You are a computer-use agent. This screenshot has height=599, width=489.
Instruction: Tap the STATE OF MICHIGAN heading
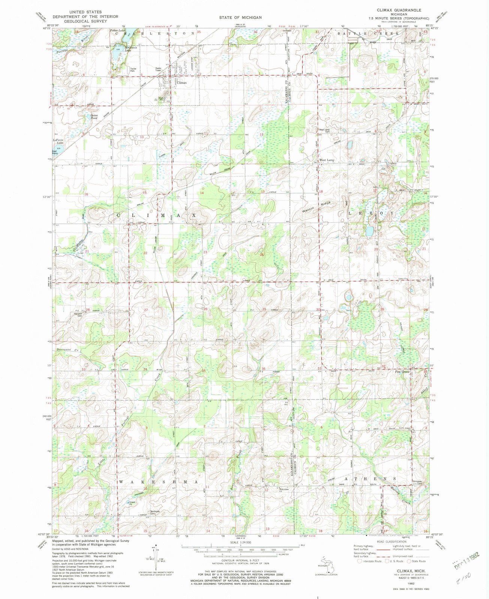coord(241,18)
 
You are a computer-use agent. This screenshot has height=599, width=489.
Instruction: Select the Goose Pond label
coord(94,117)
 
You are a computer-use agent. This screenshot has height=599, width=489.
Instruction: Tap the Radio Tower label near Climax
coord(160,69)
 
